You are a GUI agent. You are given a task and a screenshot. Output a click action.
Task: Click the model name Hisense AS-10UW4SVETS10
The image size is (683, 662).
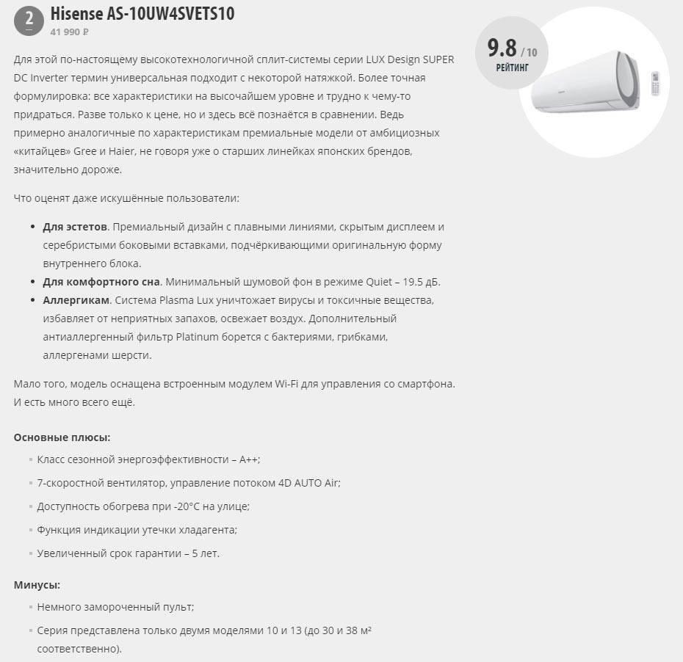pos(142,15)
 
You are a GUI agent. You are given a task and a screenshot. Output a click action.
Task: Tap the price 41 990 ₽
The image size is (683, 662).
pos(70,32)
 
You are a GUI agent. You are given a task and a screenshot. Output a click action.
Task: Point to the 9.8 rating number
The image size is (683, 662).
pos(502,49)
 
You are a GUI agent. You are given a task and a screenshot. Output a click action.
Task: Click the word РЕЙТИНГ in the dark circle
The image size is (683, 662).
pos(512,68)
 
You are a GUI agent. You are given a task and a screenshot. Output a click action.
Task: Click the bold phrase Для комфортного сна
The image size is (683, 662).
pos(101,282)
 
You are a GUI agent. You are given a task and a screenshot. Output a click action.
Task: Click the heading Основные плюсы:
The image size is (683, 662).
pos(62,437)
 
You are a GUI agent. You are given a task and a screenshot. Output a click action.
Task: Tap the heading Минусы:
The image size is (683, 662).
pos(37,585)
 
